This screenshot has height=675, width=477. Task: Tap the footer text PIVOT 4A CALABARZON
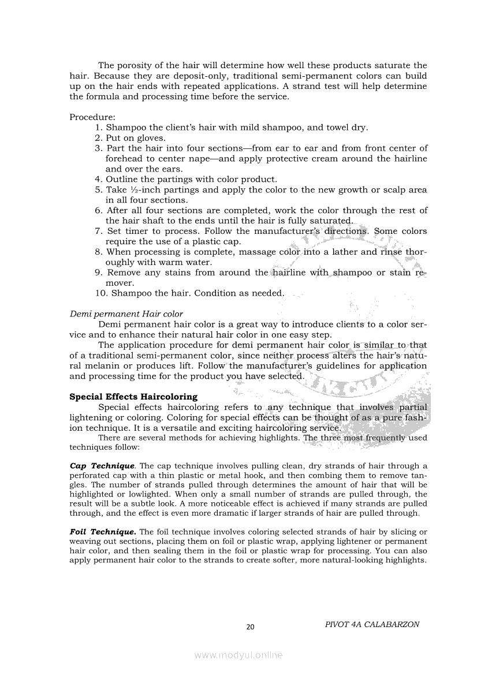372,624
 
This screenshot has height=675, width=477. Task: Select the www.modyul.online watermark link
238,655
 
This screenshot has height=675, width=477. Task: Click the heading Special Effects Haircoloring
133,397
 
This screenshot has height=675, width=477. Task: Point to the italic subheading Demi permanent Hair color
126,314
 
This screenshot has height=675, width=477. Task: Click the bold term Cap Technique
102,465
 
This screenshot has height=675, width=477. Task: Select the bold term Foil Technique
103,531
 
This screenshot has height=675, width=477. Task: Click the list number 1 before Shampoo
98,128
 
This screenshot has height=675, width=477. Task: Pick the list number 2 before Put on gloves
98,138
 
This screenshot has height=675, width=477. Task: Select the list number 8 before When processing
98,252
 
